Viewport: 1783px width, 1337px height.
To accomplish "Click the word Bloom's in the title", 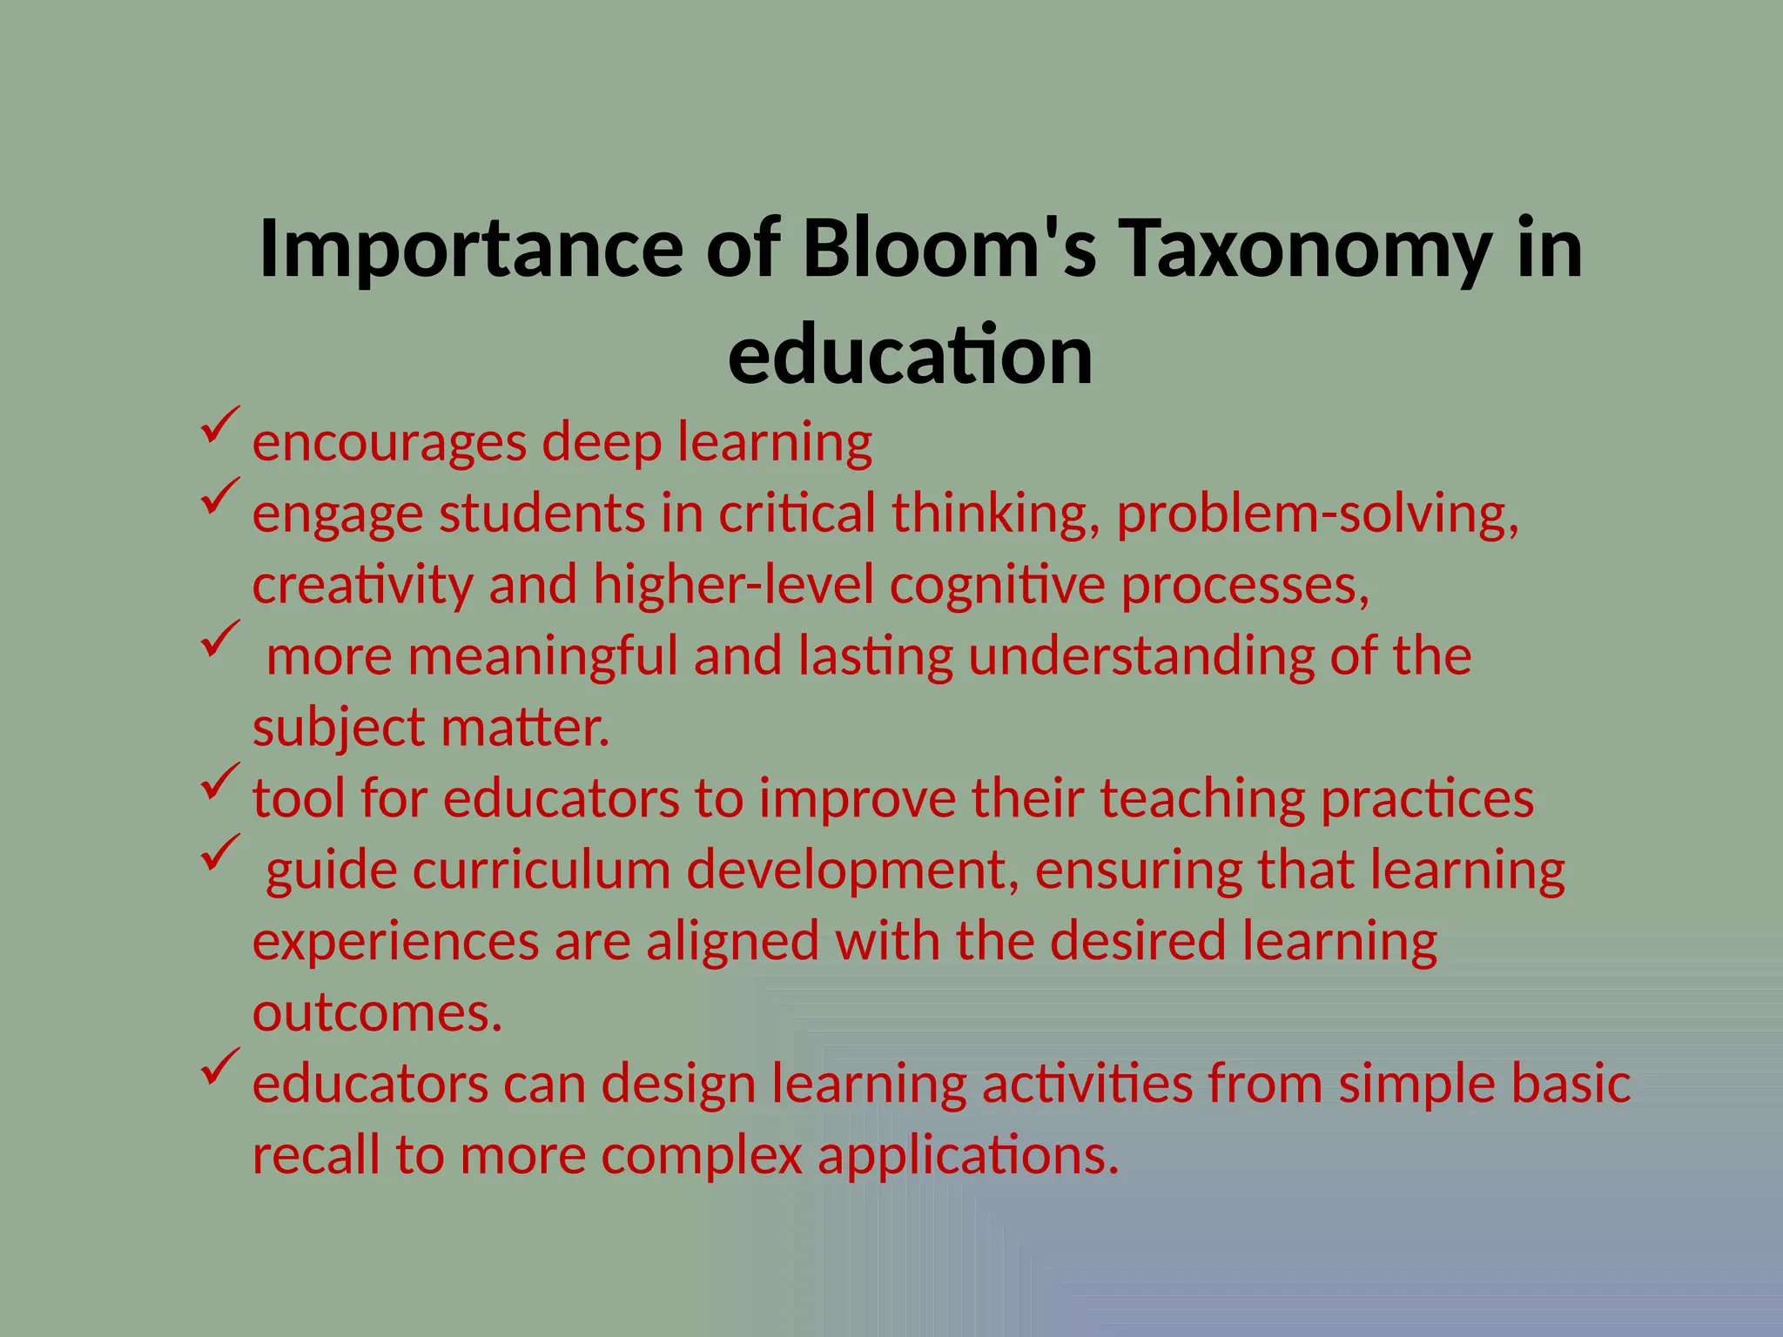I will [949, 250].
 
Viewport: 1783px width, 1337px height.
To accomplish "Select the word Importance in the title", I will [471, 250].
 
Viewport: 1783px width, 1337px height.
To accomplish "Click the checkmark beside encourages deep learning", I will [219, 426].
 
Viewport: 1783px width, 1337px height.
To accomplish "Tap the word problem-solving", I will [1317, 514].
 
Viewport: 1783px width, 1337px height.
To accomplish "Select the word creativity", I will [363, 586].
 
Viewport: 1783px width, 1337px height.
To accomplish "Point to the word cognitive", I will [997, 586].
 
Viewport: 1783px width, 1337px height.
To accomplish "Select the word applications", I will [968, 1157].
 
